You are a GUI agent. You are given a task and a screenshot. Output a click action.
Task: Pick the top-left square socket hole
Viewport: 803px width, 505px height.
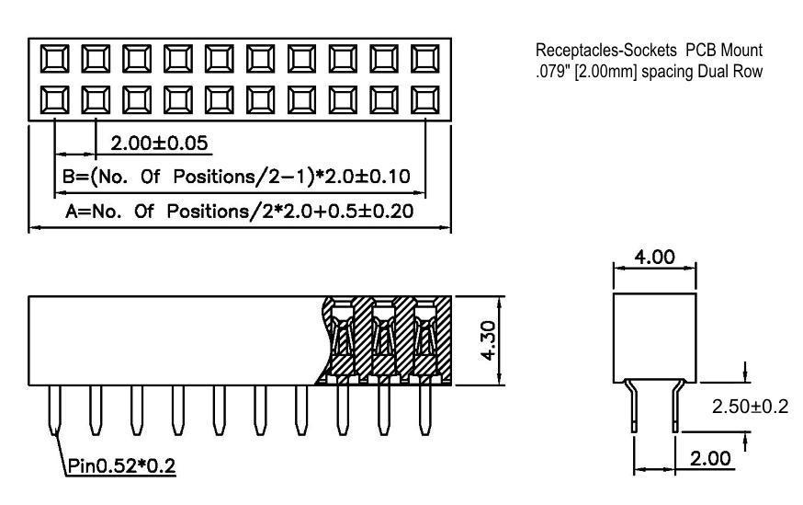(54, 61)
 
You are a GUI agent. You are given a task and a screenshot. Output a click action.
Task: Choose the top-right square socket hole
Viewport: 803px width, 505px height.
(425, 61)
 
